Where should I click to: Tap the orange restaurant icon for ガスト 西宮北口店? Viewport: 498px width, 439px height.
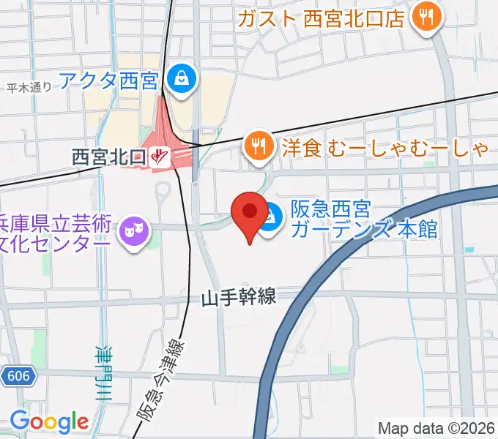tap(425, 18)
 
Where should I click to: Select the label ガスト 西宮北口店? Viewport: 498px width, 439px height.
tap(321, 18)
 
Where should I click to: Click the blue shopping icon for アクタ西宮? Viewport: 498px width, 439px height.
tap(179, 76)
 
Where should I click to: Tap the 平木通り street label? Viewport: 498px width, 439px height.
tap(29, 88)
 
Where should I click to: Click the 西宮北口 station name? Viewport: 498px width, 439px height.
tap(109, 155)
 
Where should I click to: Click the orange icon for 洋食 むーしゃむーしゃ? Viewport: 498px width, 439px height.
tap(257, 146)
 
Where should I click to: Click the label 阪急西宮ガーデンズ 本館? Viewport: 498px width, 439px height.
tap(364, 219)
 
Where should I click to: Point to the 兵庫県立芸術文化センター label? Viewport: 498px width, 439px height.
tap(55, 233)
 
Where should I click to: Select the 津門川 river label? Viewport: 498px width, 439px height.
tap(102, 372)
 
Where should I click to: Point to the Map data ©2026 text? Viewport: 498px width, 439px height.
tap(436, 427)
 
